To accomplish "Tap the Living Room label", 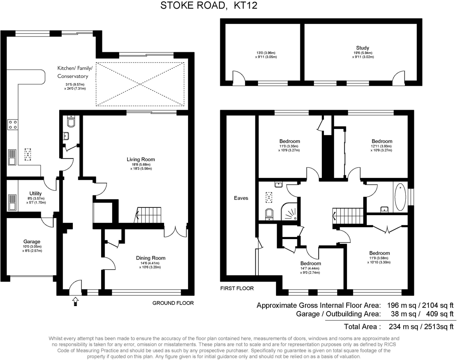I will (141, 159).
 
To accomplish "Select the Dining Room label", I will (150, 258).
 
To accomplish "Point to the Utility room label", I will (36, 193).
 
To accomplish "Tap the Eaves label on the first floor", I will (241, 198).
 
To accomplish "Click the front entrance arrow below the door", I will (76, 302).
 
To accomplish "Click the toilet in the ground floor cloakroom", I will (72, 123).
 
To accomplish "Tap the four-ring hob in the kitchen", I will (12, 124).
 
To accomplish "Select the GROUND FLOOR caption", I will (173, 303).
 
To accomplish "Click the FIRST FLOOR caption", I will (237, 288).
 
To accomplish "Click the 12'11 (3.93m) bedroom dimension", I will (382, 146).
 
